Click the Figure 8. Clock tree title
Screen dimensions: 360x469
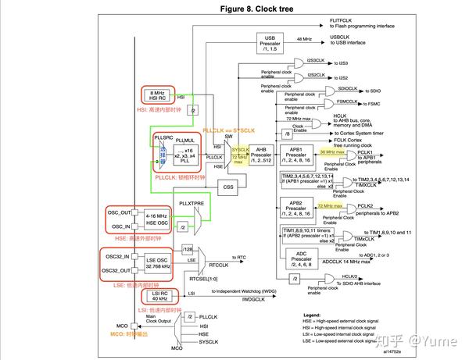[x=234, y=9]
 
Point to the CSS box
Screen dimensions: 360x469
[x=228, y=187]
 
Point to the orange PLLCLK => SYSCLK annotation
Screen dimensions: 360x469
[x=229, y=130]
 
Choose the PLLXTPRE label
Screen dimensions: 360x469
[x=191, y=203]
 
